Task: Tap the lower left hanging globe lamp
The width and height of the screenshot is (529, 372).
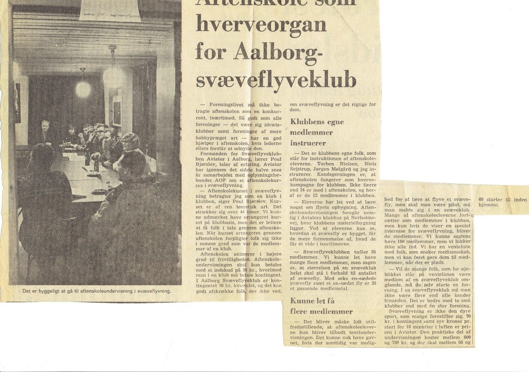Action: coord(83,88)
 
